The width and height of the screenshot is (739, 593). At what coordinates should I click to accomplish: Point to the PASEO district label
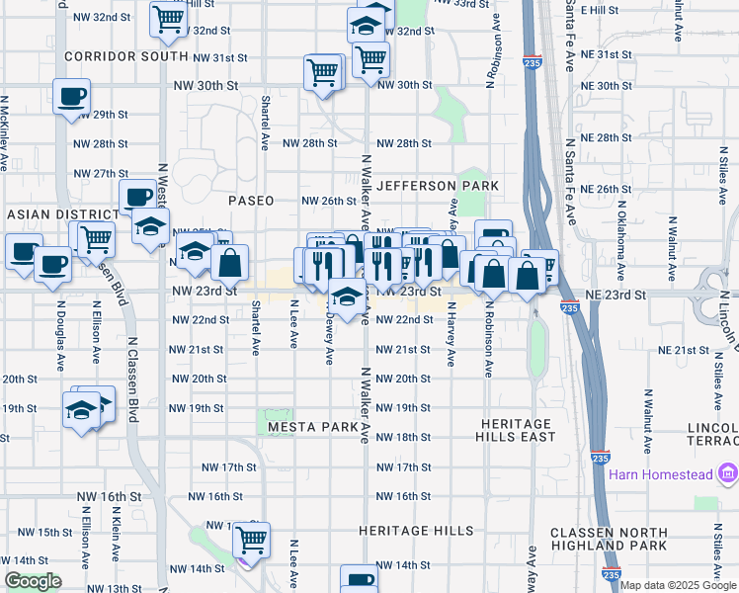(251, 200)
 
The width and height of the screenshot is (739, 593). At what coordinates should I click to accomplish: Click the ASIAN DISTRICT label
(61, 214)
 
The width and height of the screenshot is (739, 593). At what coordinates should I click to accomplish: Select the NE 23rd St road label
(611, 296)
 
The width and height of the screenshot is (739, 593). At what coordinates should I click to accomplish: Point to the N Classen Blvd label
(131, 367)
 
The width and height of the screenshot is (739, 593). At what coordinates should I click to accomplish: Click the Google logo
(33, 581)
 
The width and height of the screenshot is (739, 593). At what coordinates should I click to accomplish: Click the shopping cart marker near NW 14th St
(252, 540)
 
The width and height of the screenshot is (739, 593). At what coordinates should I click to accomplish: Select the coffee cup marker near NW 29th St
(71, 97)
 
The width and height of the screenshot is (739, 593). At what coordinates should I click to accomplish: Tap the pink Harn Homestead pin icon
(729, 473)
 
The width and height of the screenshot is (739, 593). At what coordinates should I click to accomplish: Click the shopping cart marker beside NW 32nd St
(168, 17)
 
